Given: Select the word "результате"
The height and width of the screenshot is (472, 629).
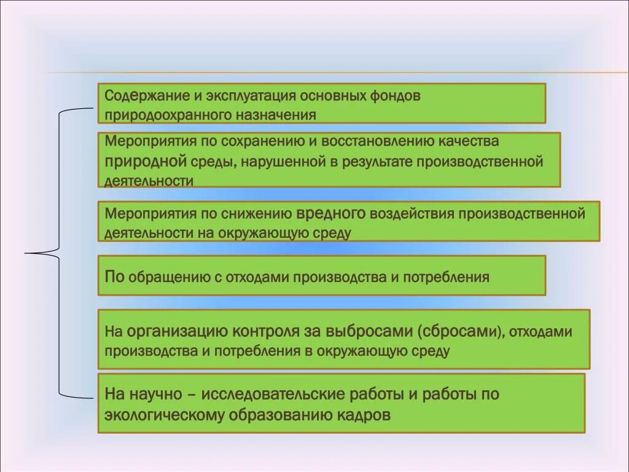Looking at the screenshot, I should point(376,162).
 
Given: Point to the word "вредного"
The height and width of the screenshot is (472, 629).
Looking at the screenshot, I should point(331,214).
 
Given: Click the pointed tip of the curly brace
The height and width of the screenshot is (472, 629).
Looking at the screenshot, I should point(26,252).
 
